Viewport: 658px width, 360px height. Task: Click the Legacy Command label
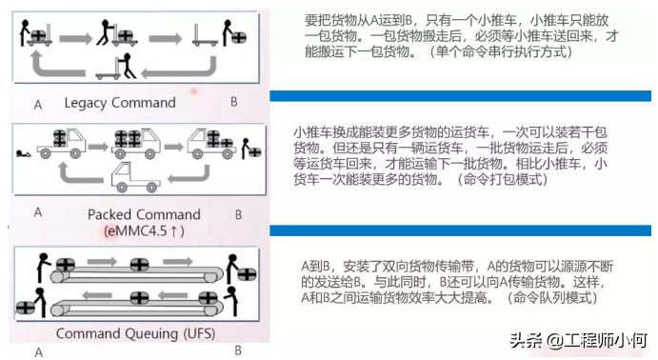coord(120,102)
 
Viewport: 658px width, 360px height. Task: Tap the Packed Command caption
coord(144,214)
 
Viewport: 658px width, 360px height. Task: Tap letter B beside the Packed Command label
coord(238,214)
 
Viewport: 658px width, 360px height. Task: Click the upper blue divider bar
coord(461,96)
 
